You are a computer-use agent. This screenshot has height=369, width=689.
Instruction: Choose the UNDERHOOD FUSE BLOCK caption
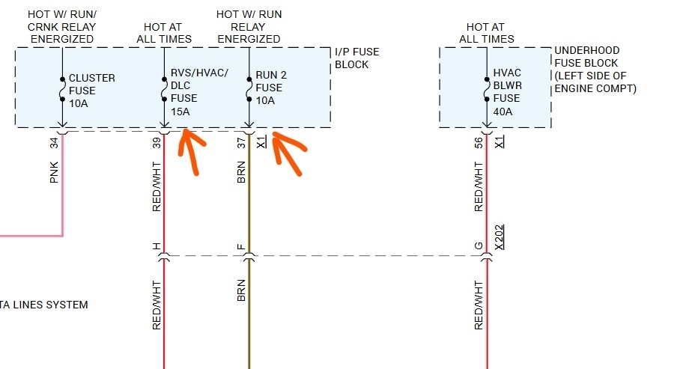tap(595, 69)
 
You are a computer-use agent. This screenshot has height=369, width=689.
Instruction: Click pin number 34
tap(54, 143)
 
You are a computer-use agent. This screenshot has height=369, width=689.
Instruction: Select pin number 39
tap(157, 143)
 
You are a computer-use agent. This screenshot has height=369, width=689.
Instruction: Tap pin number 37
tap(241, 143)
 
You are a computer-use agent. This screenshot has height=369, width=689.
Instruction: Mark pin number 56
tap(479, 143)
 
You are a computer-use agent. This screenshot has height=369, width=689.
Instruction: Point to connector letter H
tap(157, 246)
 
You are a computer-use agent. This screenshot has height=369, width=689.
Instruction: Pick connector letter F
tap(241, 246)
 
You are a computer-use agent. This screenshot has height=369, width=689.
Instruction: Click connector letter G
tap(479, 246)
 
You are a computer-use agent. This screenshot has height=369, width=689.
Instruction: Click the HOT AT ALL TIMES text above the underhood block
tap(487, 33)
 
